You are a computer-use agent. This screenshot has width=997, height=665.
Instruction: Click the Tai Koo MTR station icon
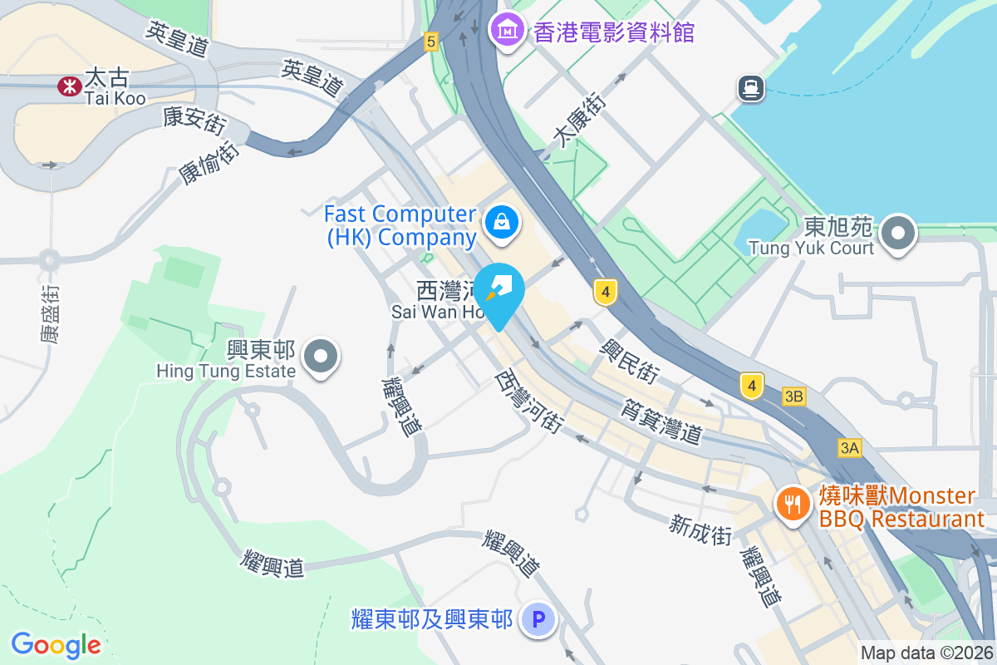point(67,85)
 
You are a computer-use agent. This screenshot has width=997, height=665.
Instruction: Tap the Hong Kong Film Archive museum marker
point(506,32)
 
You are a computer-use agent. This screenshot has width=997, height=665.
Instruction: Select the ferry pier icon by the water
point(750,88)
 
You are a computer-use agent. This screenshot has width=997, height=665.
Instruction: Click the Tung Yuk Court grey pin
point(897,234)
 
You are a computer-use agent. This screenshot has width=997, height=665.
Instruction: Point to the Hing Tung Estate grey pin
point(321,357)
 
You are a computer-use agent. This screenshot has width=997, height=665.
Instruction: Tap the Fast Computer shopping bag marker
point(502,223)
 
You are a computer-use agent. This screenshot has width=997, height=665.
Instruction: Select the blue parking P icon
point(538,619)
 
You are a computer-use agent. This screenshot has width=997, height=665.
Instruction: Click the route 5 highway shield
point(430,41)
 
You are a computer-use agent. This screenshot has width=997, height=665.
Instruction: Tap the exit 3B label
point(793,397)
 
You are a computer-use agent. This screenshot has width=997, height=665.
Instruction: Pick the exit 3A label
point(849,448)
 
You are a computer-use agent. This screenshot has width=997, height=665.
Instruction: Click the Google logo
point(56,644)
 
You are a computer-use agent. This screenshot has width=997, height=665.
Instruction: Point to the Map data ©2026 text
point(926,653)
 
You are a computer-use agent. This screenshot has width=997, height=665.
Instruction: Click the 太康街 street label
point(581,121)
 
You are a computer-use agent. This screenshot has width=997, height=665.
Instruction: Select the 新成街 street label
point(700,530)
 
